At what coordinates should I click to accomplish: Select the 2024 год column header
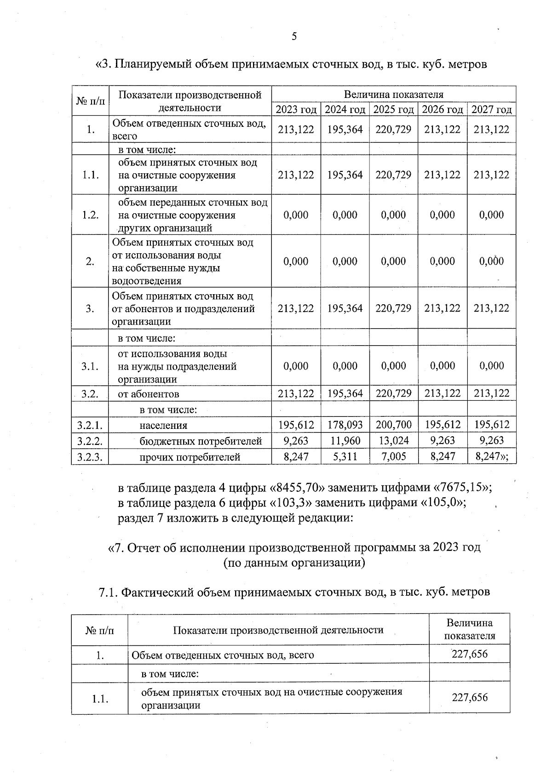tap(345, 109)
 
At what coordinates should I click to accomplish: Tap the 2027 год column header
tap(492, 109)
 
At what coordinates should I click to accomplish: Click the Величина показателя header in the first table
tap(394, 95)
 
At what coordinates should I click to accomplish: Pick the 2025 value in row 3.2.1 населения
tap(394, 425)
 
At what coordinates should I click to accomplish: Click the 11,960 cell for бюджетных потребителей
tap(345, 440)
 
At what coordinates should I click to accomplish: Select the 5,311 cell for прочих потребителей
tap(345, 456)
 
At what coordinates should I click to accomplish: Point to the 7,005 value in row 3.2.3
tap(394, 456)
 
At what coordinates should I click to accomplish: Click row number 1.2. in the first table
tap(91, 215)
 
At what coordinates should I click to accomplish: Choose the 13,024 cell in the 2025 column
tap(394, 440)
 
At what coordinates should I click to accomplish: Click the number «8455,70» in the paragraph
tap(294, 487)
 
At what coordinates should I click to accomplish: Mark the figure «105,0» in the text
tap(441, 502)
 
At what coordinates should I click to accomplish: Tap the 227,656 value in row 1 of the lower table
tap(469, 654)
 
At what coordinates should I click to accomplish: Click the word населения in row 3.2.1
tap(163, 425)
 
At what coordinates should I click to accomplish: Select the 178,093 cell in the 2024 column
tap(345, 425)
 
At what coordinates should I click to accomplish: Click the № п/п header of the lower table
tap(100, 630)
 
